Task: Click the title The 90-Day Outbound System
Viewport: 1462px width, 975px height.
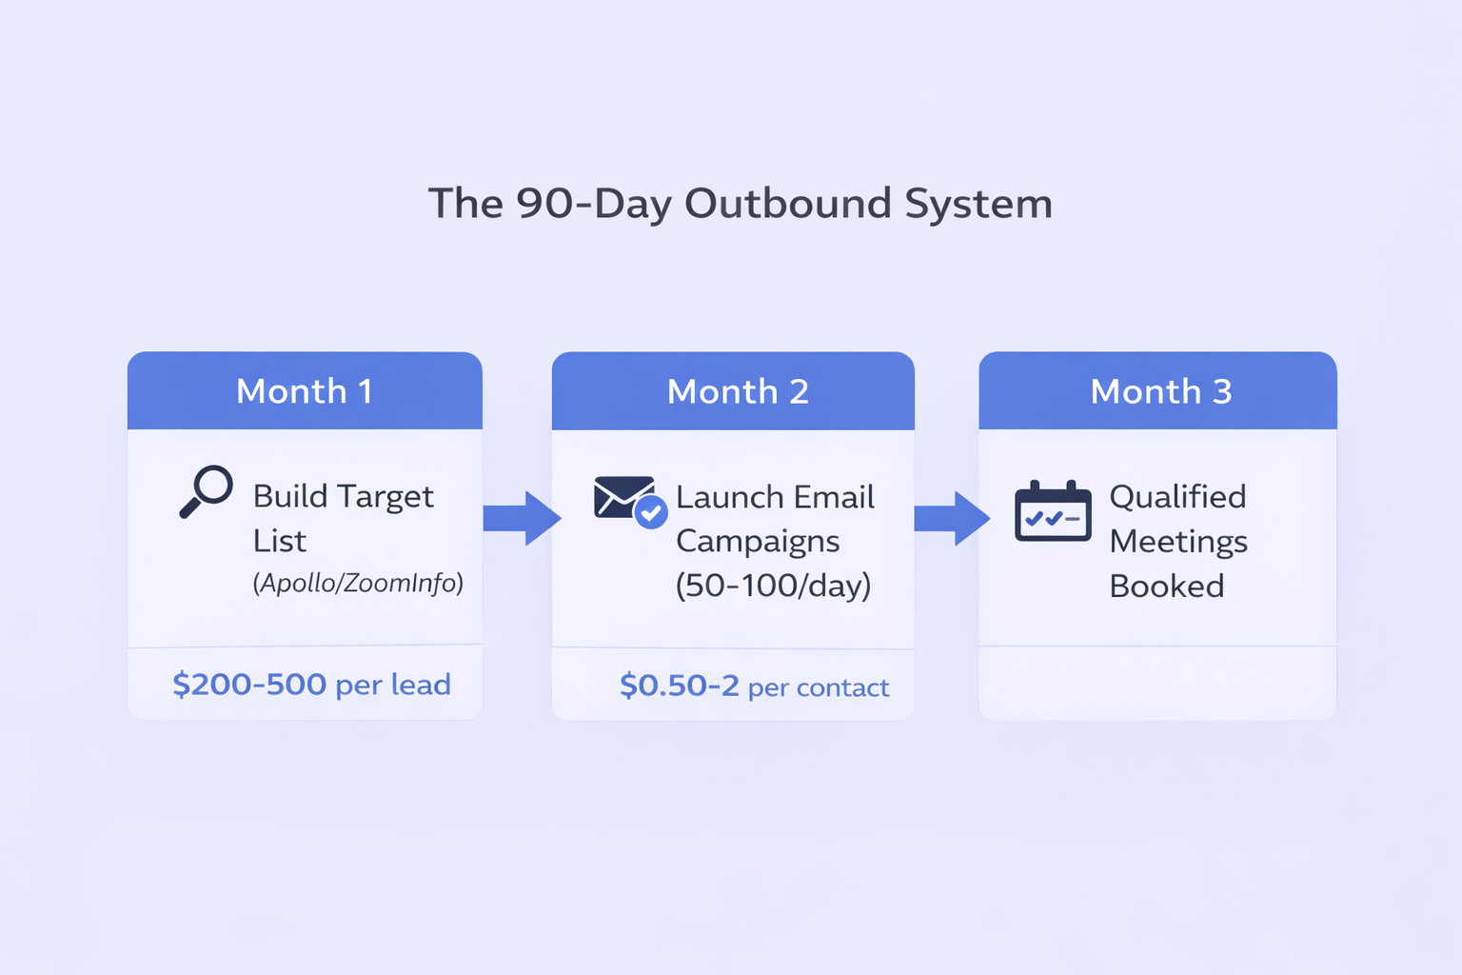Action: click(741, 203)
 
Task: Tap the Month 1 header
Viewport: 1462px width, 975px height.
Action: click(305, 391)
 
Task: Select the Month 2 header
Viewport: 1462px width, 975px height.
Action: click(733, 391)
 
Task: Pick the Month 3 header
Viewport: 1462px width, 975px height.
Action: click(1157, 391)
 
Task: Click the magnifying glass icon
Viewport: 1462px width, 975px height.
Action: click(207, 491)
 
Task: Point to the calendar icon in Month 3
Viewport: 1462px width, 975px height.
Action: click(1053, 510)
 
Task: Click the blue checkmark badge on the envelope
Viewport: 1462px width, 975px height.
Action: click(651, 512)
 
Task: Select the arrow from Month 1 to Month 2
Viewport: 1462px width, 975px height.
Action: click(523, 519)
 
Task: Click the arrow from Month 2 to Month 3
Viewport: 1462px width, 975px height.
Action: click(952, 519)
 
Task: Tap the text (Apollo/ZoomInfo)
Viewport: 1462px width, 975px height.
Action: click(358, 583)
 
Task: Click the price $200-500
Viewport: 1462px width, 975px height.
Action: click(249, 685)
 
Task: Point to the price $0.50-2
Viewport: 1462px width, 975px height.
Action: click(680, 686)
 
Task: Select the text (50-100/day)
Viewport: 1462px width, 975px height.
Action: click(774, 586)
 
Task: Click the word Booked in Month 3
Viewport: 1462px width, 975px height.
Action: click(1166, 586)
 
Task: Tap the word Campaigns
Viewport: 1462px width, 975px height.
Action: click(757, 542)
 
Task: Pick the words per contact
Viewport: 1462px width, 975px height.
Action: click(819, 688)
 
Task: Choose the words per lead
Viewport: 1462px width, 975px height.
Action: click(393, 686)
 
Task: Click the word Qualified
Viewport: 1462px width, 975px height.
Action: click(1177, 498)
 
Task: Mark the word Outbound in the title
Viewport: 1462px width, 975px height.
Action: click(788, 203)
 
